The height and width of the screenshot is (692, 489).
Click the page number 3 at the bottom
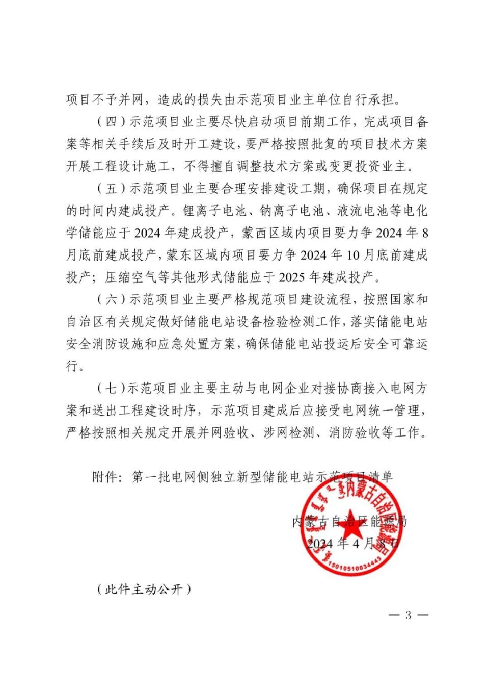[408, 615]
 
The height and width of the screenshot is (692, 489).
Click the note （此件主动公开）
[144, 589]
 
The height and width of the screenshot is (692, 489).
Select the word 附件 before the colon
[105, 477]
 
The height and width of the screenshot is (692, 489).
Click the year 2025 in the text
[292, 277]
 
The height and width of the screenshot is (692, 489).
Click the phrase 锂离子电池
[215, 211]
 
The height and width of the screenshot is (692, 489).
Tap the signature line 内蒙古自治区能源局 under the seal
[350, 521]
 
